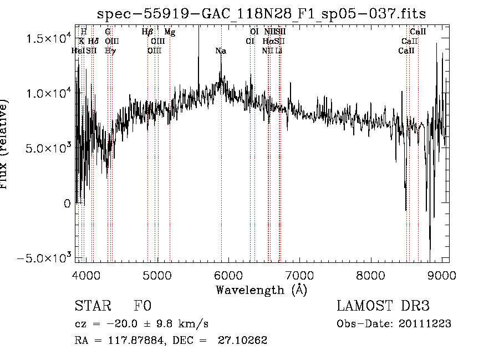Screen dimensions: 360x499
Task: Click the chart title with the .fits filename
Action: coord(262,13)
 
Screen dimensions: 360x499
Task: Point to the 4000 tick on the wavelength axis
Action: coord(86,275)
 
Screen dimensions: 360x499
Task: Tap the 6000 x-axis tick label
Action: coord(228,275)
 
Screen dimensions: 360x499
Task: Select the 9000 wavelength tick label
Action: coord(441,275)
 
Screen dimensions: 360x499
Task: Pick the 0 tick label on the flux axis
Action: coord(67,204)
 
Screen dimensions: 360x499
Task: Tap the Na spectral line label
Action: coord(221,51)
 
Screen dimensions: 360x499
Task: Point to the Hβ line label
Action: coord(147,32)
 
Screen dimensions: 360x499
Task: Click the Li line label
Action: coord(279,51)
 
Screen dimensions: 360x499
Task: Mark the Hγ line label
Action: coord(110,51)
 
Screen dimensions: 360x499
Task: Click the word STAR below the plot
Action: coord(91,306)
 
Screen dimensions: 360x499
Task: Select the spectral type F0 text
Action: coord(142,306)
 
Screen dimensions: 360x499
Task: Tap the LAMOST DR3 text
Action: coord(383,306)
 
